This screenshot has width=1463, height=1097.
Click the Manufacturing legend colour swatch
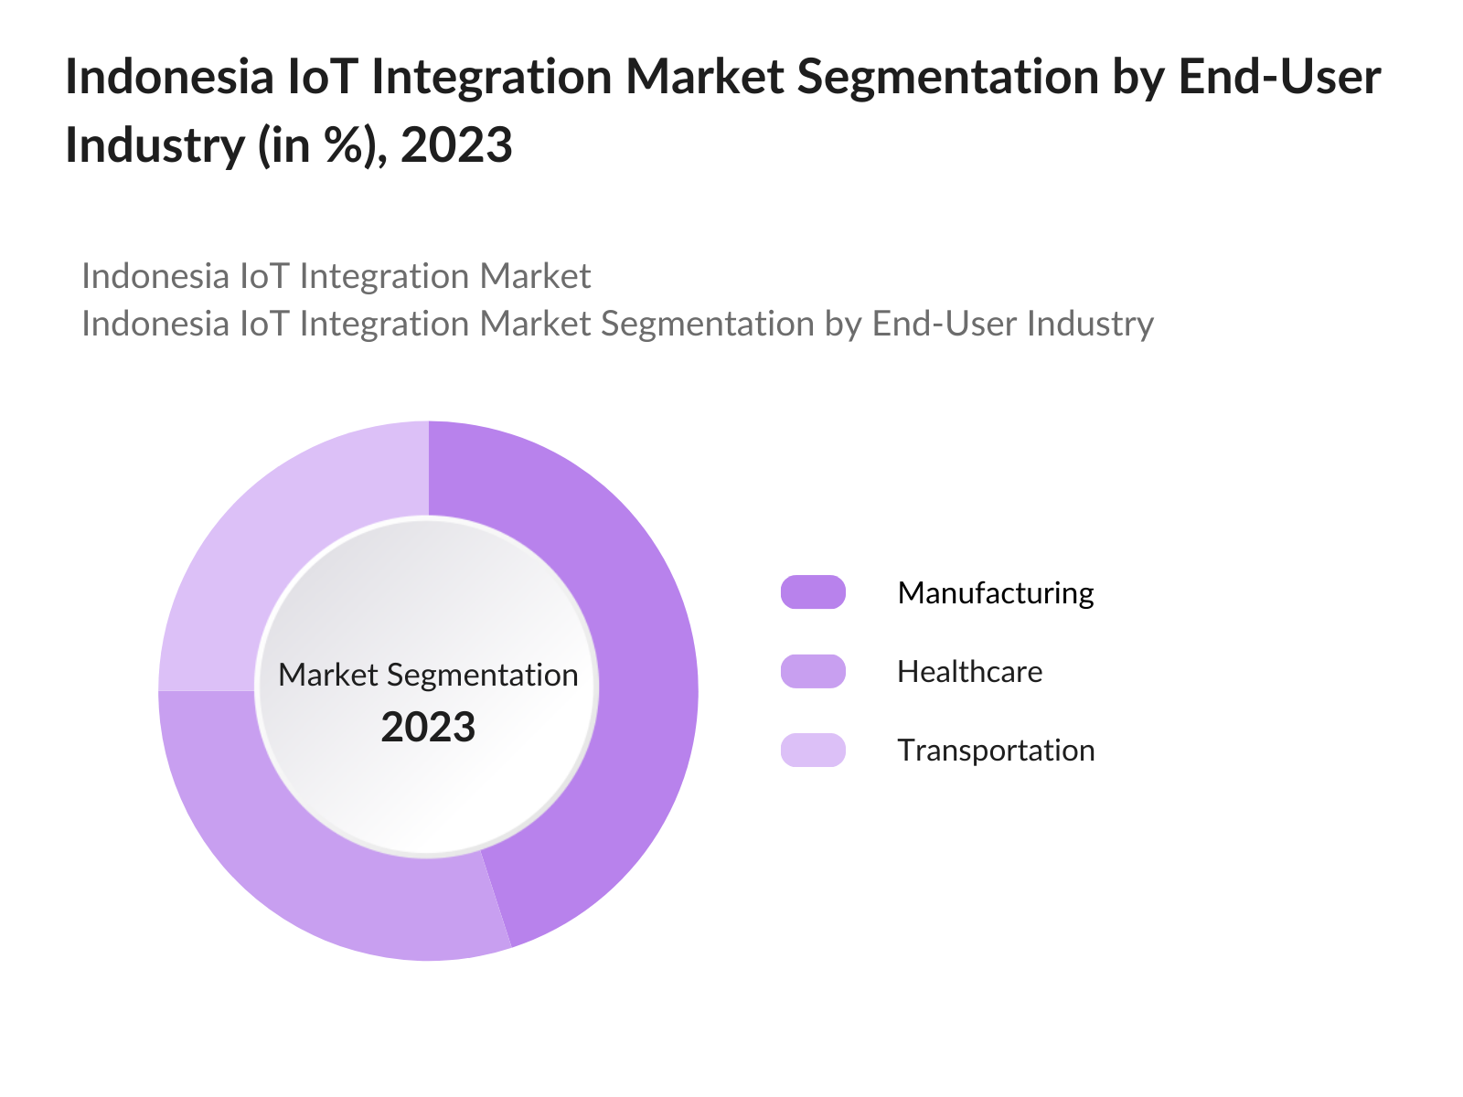[x=813, y=592]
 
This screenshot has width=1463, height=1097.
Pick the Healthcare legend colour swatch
[x=813, y=672]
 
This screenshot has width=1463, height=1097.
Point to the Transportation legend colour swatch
[x=813, y=751]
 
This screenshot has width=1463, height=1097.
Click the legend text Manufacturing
[x=996, y=593]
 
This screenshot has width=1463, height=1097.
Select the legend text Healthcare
[x=969, y=672]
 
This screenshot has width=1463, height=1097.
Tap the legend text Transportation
[x=996, y=751]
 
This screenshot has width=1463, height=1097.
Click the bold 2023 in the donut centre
[x=428, y=728]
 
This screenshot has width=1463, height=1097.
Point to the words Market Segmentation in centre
[x=428, y=675]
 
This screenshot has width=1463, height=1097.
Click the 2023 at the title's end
[x=456, y=145]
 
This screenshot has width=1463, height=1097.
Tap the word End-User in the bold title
[x=1279, y=78]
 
